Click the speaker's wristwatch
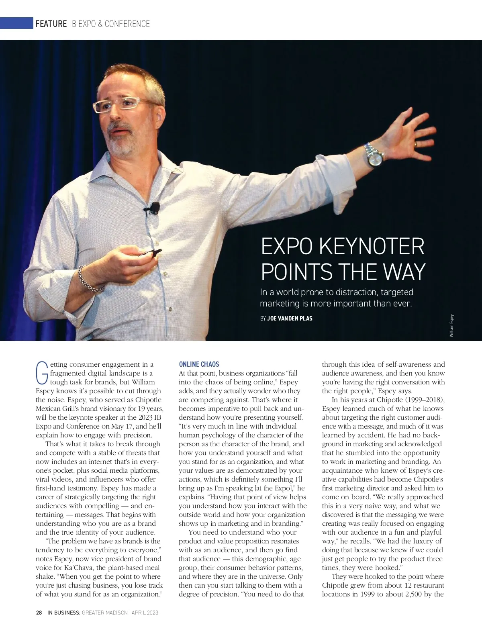pyautogui.click(x=373, y=156)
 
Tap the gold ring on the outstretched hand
pyautogui.click(x=417, y=143)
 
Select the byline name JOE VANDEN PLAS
pyautogui.click(x=290, y=319)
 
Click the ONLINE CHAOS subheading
pyautogui.click(x=199, y=364)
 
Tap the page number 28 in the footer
pyautogui.click(x=39, y=613)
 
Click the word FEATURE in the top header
pyautogui.click(x=51, y=24)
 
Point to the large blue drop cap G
pyautogui.click(x=42, y=372)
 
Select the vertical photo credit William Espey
pyautogui.click(x=451, y=325)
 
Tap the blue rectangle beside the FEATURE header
pyautogui.click(x=16, y=23)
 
